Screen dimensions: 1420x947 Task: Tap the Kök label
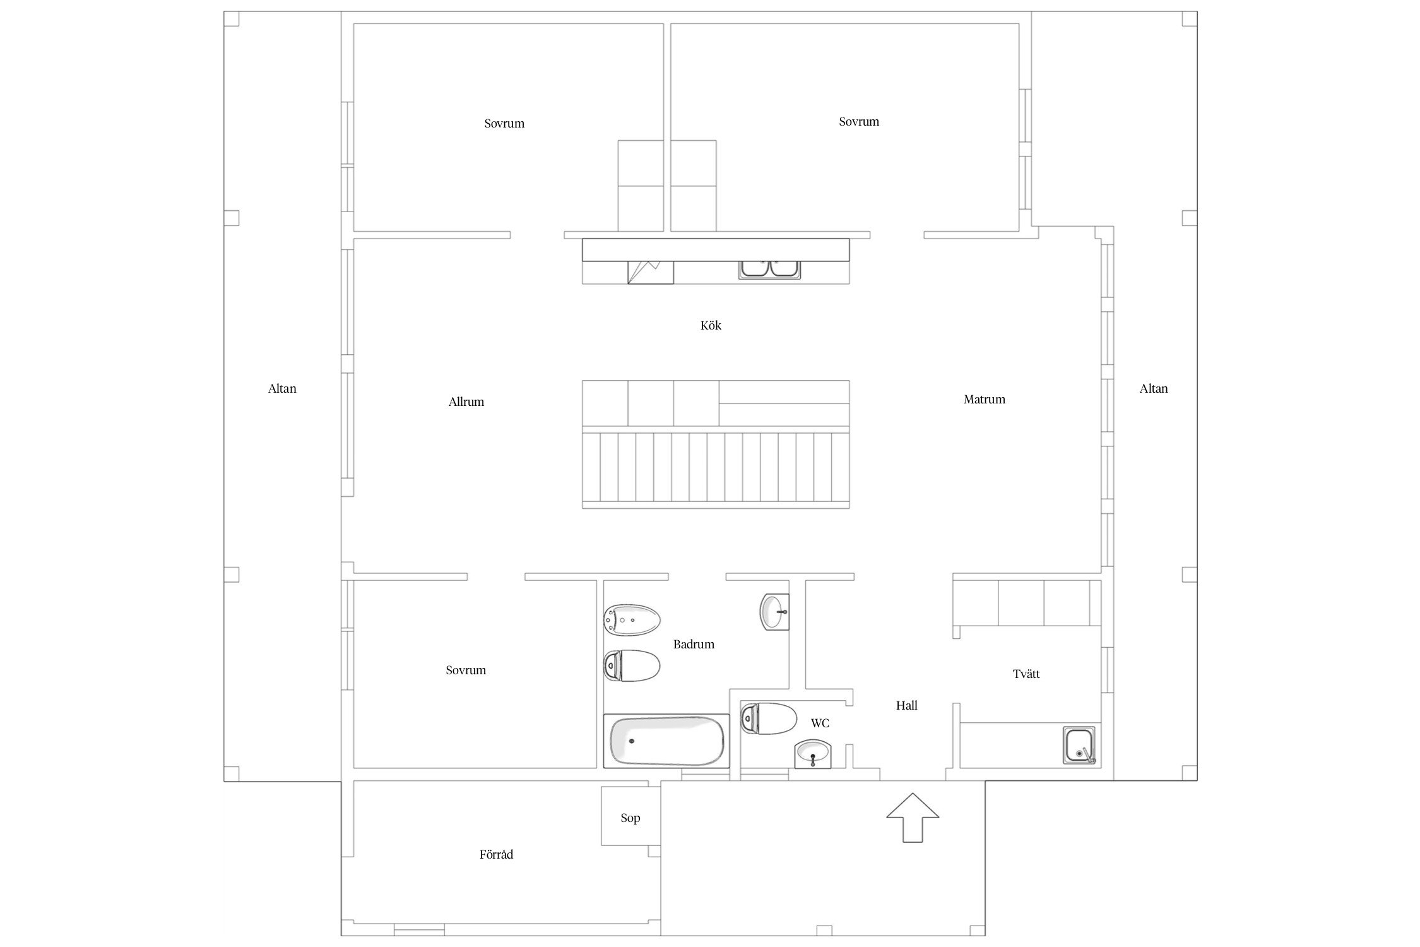(711, 326)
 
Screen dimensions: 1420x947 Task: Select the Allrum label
(466, 402)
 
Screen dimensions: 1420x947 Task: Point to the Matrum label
(985, 400)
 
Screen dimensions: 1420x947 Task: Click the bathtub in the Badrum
(666, 741)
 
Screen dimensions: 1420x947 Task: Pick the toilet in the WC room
(769, 718)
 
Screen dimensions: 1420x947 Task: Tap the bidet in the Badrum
(632, 620)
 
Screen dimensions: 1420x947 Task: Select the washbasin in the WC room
(813, 754)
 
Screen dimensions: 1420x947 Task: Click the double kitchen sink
(769, 268)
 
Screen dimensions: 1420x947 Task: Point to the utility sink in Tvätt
(1079, 746)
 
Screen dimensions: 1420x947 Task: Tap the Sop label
(630, 818)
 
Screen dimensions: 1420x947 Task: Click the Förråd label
(497, 855)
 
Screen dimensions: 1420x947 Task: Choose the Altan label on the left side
(282, 389)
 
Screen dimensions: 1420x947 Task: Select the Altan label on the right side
(1154, 389)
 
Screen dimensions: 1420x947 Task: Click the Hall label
(907, 706)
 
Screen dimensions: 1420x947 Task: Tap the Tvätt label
(1026, 674)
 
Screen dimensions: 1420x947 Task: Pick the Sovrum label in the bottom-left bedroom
(466, 670)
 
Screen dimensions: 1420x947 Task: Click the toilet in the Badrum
(632, 665)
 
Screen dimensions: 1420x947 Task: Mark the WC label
(820, 724)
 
